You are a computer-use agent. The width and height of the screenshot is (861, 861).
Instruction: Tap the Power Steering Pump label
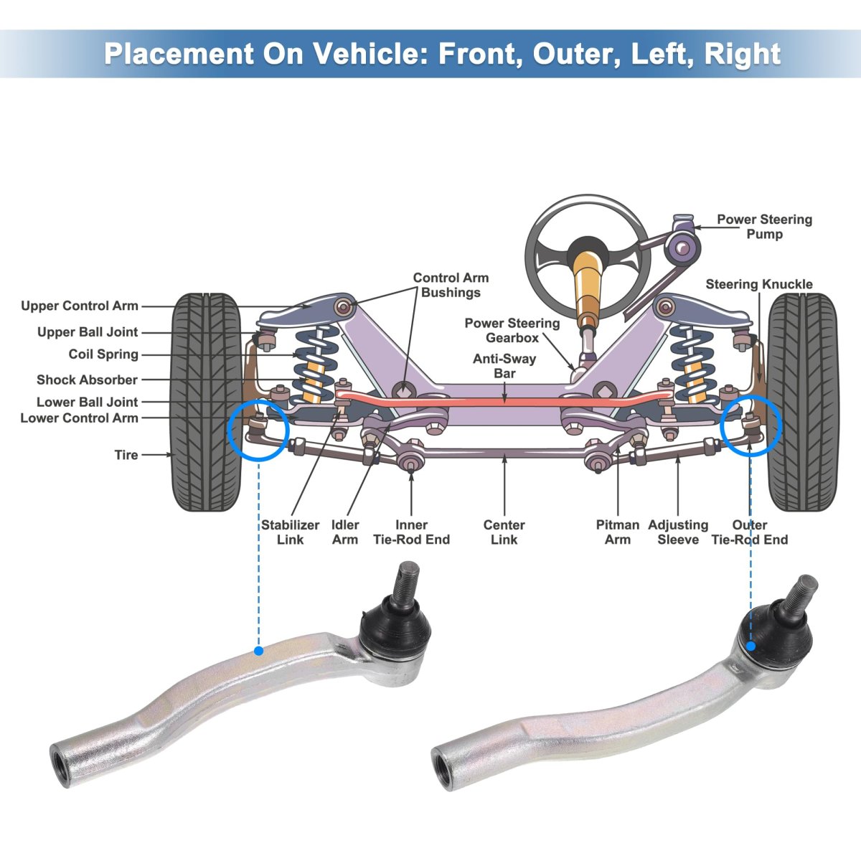click(764, 227)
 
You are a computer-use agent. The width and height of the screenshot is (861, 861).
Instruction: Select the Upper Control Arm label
click(80, 306)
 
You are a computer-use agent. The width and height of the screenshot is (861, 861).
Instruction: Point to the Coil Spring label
click(103, 354)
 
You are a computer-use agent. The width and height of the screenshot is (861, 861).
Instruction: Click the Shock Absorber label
click(87, 380)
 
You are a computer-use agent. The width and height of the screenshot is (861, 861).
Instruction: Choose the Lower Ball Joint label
click(87, 403)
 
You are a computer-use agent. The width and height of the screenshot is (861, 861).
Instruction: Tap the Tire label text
click(126, 455)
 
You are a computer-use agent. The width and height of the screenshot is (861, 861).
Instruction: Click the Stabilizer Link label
click(290, 532)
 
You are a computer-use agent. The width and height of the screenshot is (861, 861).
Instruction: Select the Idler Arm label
click(345, 532)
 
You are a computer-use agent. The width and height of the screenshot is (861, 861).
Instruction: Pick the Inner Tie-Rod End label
click(411, 532)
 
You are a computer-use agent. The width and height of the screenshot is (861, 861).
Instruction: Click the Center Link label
click(504, 532)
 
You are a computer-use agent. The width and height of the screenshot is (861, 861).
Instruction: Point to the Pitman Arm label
click(617, 532)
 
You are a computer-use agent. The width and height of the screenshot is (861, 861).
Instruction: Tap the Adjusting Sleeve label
click(678, 532)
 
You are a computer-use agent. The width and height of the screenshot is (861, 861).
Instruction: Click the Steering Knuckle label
click(759, 285)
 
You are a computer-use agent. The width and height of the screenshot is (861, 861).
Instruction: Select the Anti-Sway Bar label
click(504, 366)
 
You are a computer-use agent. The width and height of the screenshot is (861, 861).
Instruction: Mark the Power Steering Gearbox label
click(512, 330)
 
